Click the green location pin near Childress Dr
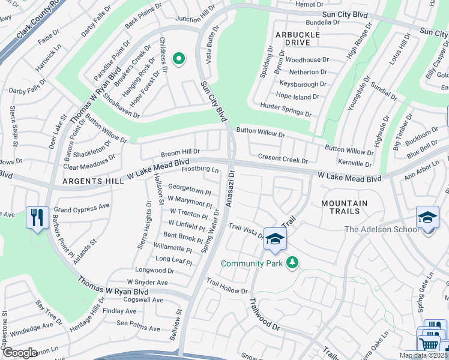178,59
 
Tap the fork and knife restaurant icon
37,217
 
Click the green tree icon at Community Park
292,262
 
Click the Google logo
20,352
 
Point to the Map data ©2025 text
423,355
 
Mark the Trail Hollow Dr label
227,286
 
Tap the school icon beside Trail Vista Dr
276,239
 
